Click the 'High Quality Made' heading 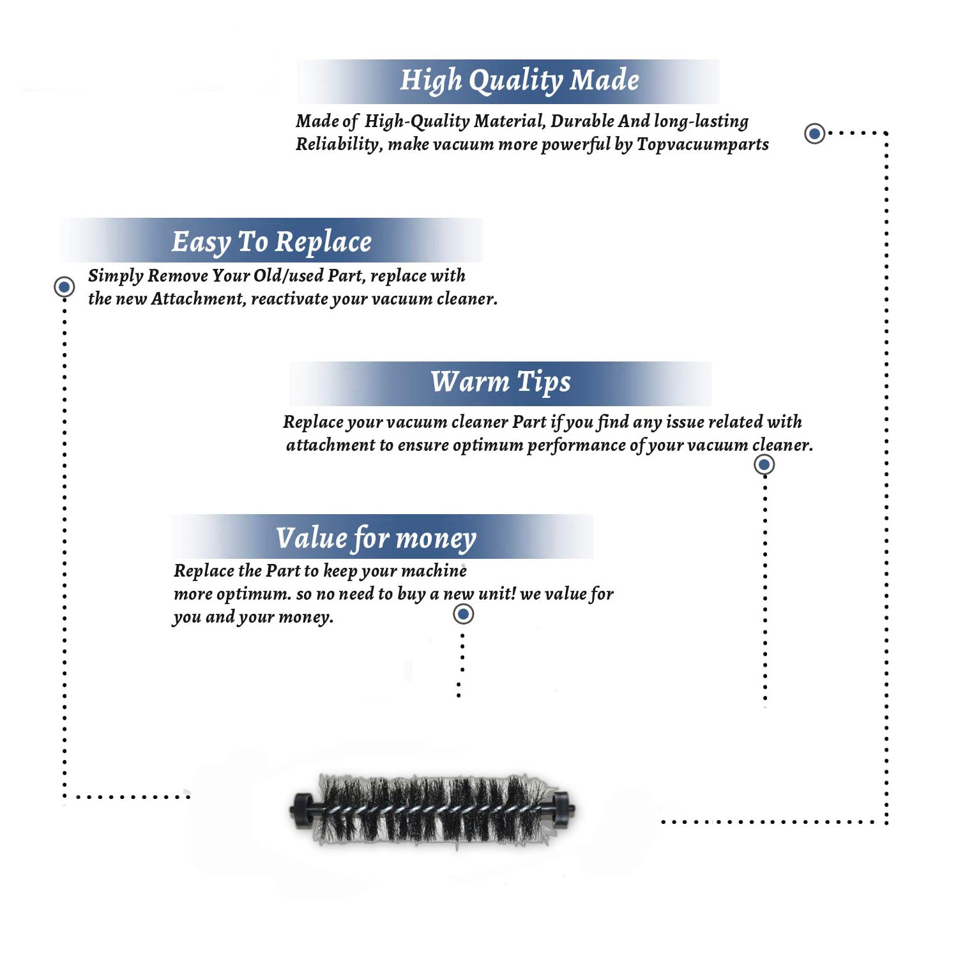pyautogui.click(x=519, y=81)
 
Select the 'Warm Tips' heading pyautogui.click(x=501, y=382)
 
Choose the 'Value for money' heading pyautogui.click(x=376, y=538)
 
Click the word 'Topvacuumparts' pyautogui.click(x=703, y=145)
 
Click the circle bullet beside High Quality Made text pyautogui.click(x=814, y=133)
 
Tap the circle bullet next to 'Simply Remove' pyautogui.click(x=64, y=287)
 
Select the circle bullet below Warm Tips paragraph pyautogui.click(x=764, y=464)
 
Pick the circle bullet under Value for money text pyautogui.click(x=463, y=614)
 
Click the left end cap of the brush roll pyautogui.click(x=301, y=810)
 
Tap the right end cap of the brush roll pyautogui.click(x=562, y=809)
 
